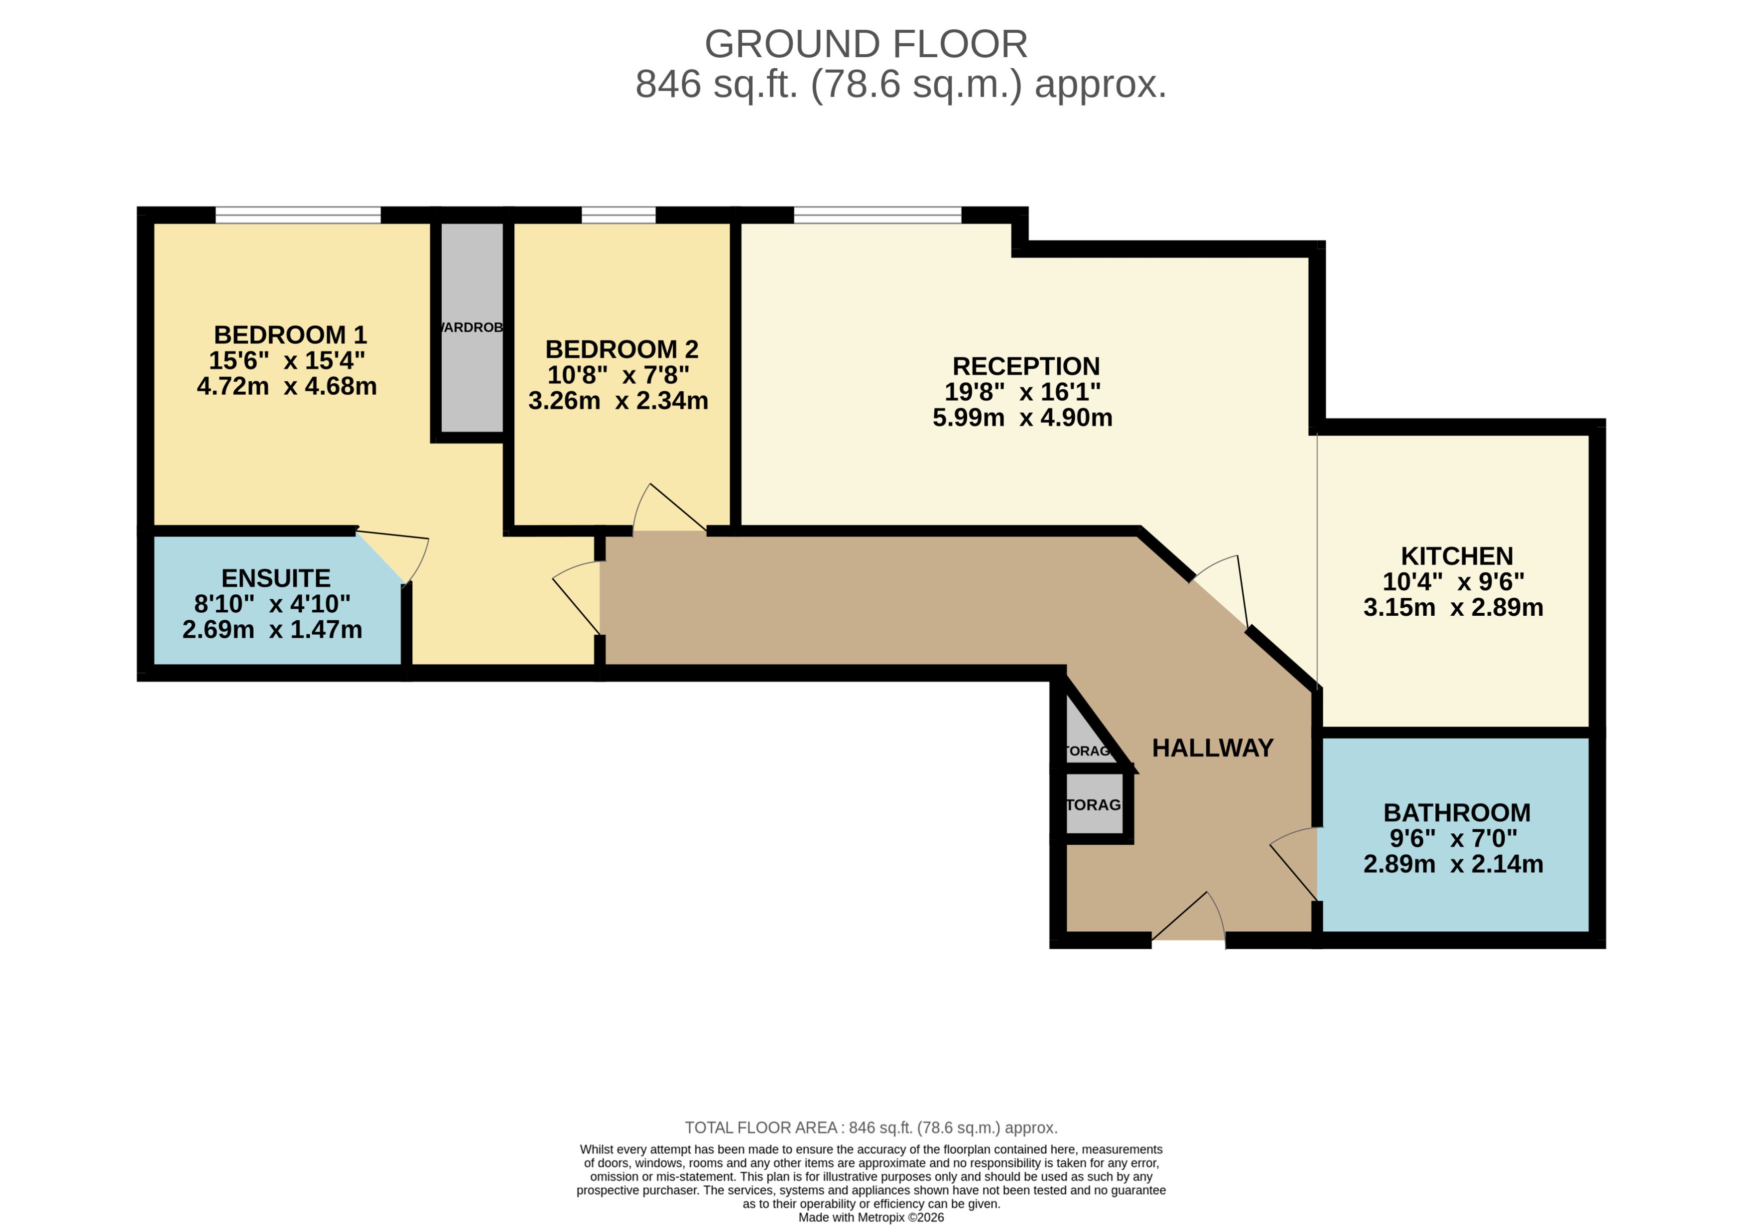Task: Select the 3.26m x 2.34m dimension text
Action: click(x=618, y=401)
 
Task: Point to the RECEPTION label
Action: click(x=1025, y=366)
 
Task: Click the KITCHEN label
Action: click(x=1456, y=557)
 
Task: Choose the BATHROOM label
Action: click(x=1456, y=813)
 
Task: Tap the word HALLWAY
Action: click(x=1212, y=748)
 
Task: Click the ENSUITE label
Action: click(x=275, y=578)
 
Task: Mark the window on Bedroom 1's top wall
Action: click(x=298, y=215)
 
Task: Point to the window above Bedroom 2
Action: click(x=618, y=215)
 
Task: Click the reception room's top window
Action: click(x=877, y=215)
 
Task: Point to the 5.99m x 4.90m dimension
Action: click(x=1022, y=418)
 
